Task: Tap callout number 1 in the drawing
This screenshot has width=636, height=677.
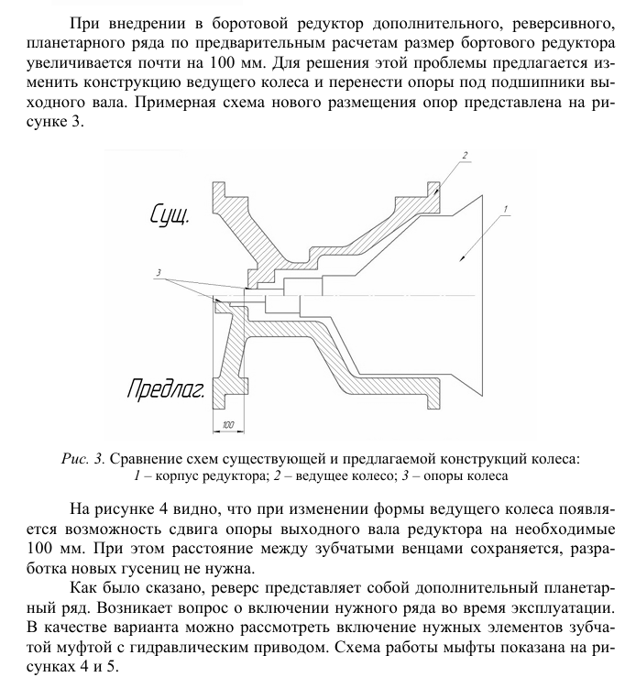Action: (x=503, y=210)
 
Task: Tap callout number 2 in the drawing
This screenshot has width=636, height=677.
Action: (x=465, y=157)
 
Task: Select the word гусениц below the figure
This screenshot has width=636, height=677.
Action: (x=176, y=570)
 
